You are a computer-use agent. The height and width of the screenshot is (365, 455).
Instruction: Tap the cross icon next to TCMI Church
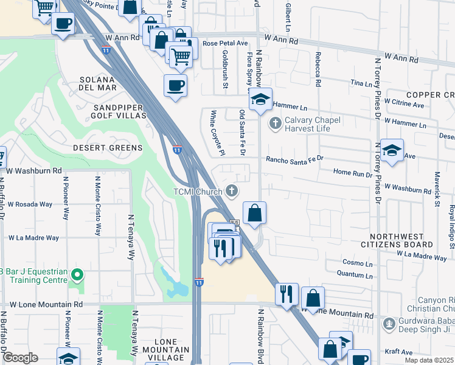tap(232, 191)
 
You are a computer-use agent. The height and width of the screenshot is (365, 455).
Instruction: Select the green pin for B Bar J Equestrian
tap(76, 276)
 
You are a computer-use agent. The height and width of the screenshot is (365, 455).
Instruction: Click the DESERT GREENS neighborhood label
tap(108, 148)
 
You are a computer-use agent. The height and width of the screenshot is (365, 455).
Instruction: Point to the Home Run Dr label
tap(353, 172)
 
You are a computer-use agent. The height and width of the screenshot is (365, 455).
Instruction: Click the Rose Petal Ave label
tap(225, 44)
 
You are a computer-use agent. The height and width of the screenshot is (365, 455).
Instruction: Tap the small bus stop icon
tap(234, 223)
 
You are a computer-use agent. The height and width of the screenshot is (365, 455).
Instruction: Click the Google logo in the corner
tap(20, 358)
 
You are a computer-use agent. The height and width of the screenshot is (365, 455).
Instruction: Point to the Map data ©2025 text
tap(429, 360)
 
